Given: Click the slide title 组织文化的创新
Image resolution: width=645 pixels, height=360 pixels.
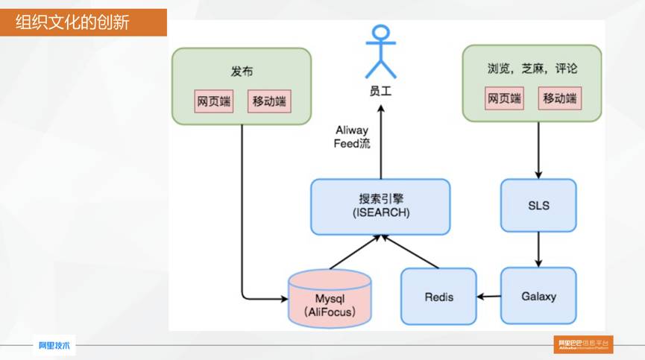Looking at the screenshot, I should pos(73,22).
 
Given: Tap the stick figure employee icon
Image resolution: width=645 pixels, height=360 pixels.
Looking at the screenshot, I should pos(380,51).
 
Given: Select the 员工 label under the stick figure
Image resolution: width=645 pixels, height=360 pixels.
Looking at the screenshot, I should pos(380,92).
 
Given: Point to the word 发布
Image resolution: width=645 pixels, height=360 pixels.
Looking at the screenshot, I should pos(242,72).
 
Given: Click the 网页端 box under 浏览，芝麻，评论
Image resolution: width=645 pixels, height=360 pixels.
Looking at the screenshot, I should pos(505,98).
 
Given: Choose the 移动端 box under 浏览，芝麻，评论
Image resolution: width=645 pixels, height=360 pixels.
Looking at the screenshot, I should pos(560,98).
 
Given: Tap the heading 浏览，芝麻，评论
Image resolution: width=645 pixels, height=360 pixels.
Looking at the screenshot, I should pos(532,69).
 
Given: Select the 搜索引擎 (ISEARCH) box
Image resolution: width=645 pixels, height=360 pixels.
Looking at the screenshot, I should pos(380,205).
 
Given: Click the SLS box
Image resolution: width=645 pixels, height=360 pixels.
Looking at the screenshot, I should pos(538,205).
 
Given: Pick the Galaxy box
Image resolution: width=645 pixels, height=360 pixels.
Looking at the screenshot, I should pos(538,296).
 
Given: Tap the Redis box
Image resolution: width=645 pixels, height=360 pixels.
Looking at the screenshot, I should pos(439,297).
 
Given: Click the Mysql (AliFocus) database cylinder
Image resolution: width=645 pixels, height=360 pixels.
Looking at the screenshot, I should pos(329,299).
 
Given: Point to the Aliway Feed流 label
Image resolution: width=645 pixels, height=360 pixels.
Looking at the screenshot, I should pos(352,137).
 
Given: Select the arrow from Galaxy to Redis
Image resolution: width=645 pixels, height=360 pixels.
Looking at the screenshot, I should pos(489,297).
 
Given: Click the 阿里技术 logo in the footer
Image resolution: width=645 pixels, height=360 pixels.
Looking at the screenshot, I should pos(54,345).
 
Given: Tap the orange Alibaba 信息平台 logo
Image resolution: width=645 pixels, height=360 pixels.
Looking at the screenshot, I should pos(583,344).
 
